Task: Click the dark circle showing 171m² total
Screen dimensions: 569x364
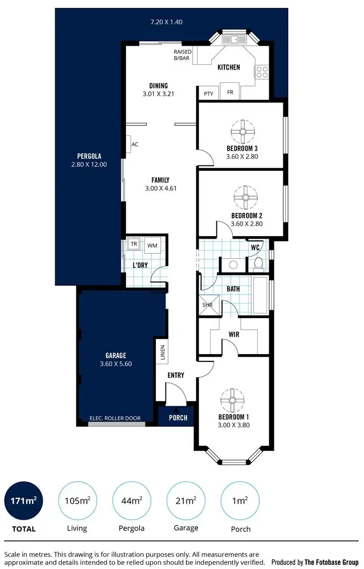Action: click(24, 500)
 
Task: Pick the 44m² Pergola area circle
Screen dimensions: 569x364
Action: click(131, 500)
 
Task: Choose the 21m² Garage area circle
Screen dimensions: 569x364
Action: click(185, 500)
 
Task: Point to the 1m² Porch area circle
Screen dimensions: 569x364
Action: click(239, 500)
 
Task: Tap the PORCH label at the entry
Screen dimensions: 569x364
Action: click(178, 418)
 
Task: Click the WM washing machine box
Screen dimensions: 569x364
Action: click(152, 246)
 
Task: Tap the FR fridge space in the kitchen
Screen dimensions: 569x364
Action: click(230, 92)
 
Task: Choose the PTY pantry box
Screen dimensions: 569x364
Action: click(209, 93)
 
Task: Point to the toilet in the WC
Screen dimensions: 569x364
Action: click(258, 263)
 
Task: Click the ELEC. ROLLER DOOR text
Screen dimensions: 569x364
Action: click(116, 418)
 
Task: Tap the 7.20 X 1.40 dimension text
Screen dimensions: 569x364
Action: click(166, 22)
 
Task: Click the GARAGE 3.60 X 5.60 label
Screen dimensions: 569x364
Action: click(115, 360)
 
